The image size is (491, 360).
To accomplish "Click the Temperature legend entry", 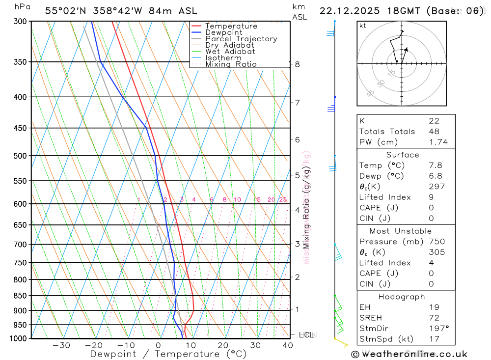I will [x=231, y=26].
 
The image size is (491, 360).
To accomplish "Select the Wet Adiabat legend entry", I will [x=230, y=52].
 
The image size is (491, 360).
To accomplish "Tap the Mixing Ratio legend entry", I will [x=231, y=64].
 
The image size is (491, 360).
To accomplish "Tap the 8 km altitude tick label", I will [x=297, y=64].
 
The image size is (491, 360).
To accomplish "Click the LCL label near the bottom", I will [x=306, y=335].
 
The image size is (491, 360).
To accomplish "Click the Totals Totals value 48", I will [x=434, y=132].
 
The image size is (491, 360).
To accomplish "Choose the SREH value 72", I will [x=434, y=318].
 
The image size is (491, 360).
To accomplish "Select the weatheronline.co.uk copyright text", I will [x=409, y=354].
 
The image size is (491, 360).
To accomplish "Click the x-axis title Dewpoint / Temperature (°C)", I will [x=168, y=354].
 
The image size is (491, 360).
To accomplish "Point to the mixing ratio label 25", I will [x=283, y=199].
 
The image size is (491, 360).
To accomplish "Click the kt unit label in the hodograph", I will [x=363, y=26].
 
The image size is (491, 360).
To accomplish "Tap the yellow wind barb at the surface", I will [x=341, y=342].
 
